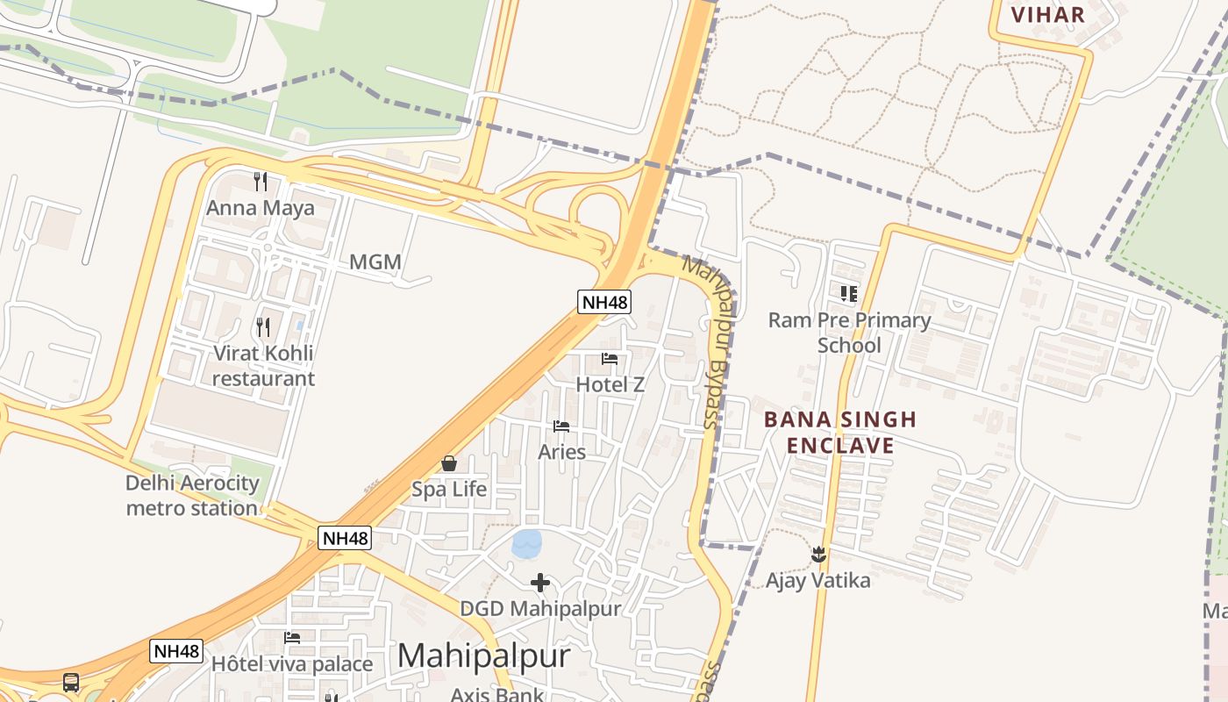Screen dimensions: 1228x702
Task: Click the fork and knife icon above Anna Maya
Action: [x=260, y=182]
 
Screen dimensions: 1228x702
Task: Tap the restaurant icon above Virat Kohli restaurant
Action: [x=263, y=327]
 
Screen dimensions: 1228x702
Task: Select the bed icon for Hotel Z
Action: [x=610, y=359]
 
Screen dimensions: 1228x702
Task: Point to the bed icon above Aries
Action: [x=561, y=426]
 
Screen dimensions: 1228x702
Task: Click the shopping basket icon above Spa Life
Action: [x=449, y=463]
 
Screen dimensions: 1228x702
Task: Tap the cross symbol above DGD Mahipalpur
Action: [x=540, y=582]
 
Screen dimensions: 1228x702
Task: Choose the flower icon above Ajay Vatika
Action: [x=818, y=555]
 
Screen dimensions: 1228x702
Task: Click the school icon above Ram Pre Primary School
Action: [x=848, y=294]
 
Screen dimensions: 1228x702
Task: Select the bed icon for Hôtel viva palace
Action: [x=292, y=638]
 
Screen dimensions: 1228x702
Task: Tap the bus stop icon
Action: [x=71, y=682]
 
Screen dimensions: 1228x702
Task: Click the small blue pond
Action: [x=527, y=544]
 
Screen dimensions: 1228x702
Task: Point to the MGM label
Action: [x=375, y=261]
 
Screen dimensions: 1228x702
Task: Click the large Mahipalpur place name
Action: [x=483, y=656]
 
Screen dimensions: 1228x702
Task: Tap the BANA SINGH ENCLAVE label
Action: [x=839, y=432]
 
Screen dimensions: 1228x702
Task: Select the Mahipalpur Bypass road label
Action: [x=712, y=342]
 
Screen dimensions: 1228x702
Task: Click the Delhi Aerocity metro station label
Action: [x=193, y=496]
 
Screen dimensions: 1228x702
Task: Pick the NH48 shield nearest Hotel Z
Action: [x=605, y=303]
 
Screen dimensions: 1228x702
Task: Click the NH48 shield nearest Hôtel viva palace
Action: [x=177, y=651]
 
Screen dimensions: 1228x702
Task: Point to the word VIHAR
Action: [x=1048, y=14]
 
